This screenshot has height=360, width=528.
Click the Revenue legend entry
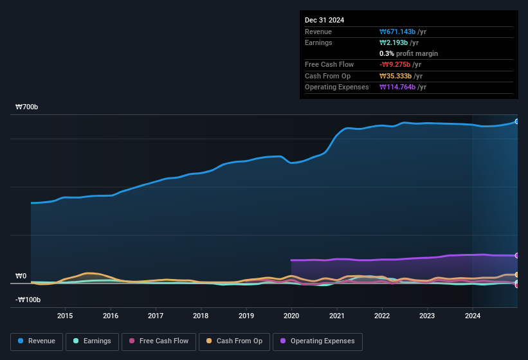click(36, 341)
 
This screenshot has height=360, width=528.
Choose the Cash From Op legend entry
click(234, 341)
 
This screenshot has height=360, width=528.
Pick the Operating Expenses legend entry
click(318, 341)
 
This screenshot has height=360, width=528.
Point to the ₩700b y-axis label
click(27, 107)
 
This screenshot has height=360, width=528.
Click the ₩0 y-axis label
click(21, 276)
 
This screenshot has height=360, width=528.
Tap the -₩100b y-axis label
click(28, 300)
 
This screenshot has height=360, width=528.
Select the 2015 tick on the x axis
click(64, 316)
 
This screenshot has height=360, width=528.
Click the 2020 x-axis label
click(291, 316)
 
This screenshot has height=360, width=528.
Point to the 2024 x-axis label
click(473, 316)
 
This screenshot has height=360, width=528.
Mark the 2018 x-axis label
click(201, 316)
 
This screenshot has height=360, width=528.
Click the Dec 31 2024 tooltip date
click(324, 20)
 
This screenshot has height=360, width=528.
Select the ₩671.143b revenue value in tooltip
click(403, 32)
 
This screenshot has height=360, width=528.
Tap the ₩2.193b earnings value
click(399, 43)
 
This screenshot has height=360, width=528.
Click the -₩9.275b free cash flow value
click(401, 65)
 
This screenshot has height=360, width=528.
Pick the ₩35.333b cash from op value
click(401, 76)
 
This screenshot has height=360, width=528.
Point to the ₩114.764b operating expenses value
click(403, 87)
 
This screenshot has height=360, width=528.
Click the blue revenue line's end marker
click(517, 121)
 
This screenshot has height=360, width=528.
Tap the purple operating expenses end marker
click(517, 256)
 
